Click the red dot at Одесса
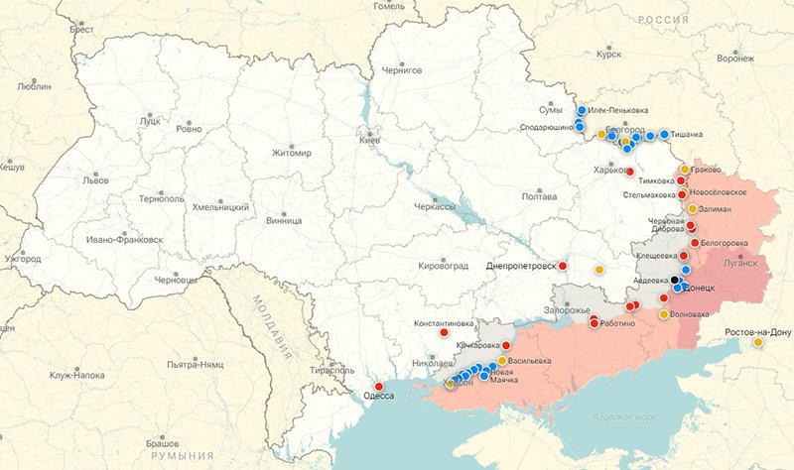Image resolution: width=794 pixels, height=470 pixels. click(x=379, y=386)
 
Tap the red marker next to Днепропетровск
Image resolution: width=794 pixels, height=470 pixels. click(x=563, y=266)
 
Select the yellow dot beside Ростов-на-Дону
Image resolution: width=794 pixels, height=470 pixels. click(x=758, y=343)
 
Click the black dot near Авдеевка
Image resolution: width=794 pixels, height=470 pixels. click(x=675, y=280)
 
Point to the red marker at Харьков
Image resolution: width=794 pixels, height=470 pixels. click(x=630, y=172)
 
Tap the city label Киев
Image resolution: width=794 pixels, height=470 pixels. click(x=369, y=141)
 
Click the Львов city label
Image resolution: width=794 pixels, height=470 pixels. click(x=95, y=180)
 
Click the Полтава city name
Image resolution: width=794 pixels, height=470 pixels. click(x=538, y=196)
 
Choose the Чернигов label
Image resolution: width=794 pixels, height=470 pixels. click(x=402, y=70)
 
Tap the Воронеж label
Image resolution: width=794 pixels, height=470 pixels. click(x=735, y=59)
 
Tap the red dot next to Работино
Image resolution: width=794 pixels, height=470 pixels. click(x=595, y=323)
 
